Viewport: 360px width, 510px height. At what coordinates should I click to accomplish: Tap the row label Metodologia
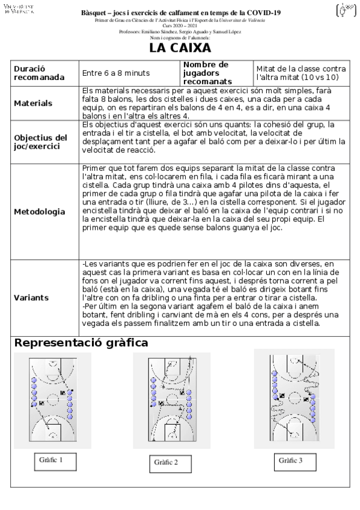[x=40, y=212]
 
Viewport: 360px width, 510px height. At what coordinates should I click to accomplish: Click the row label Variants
[x=31, y=298]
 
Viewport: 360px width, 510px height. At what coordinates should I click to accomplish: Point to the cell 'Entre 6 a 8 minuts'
[x=116, y=73]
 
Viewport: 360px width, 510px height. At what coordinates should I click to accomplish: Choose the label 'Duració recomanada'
[x=37, y=73]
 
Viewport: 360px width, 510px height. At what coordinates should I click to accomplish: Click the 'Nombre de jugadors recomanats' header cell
[x=206, y=73]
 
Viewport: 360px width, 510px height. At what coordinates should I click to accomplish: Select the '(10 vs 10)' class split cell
[x=301, y=73]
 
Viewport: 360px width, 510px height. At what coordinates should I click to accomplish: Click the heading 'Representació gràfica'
[x=82, y=343]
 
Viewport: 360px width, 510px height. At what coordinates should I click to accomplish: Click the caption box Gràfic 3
[x=290, y=460]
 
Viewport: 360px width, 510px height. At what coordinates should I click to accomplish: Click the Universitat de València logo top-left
[x=19, y=10]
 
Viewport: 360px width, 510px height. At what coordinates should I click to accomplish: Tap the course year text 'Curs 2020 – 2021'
[x=180, y=26]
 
